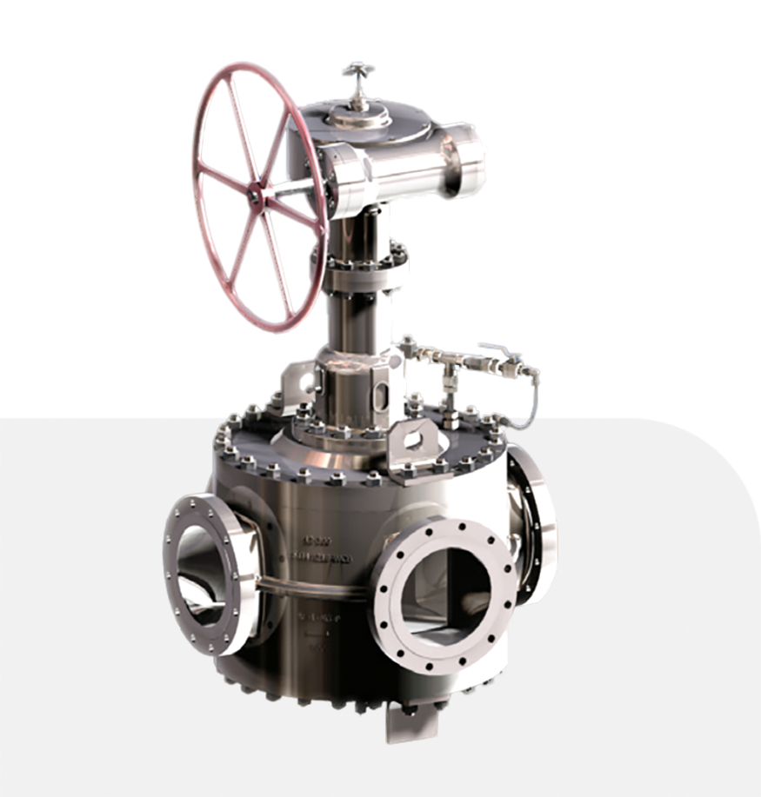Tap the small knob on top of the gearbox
tap(357, 73)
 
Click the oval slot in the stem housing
tap(380, 396)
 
